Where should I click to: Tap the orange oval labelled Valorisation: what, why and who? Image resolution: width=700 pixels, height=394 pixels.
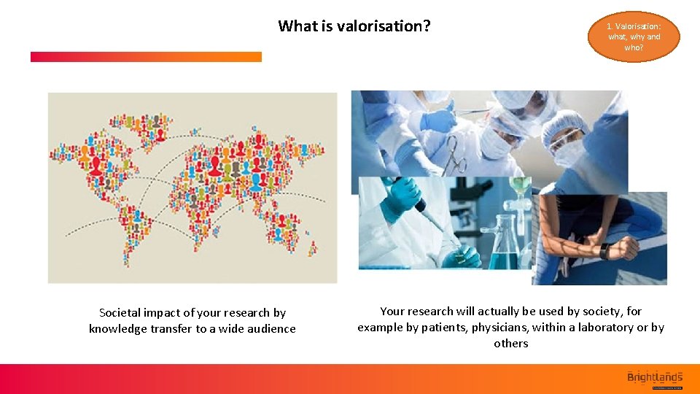pos(633,36)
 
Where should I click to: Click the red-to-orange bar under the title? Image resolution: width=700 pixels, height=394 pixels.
pos(146,56)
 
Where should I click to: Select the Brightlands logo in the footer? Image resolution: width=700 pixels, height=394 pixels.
pos(654,377)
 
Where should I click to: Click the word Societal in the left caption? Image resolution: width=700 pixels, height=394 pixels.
pos(120,312)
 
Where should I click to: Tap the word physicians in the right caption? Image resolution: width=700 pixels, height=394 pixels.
pos(500,327)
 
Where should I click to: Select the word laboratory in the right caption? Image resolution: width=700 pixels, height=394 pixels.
pos(604,327)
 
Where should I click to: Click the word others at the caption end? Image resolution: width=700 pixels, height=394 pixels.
pos(510,343)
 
